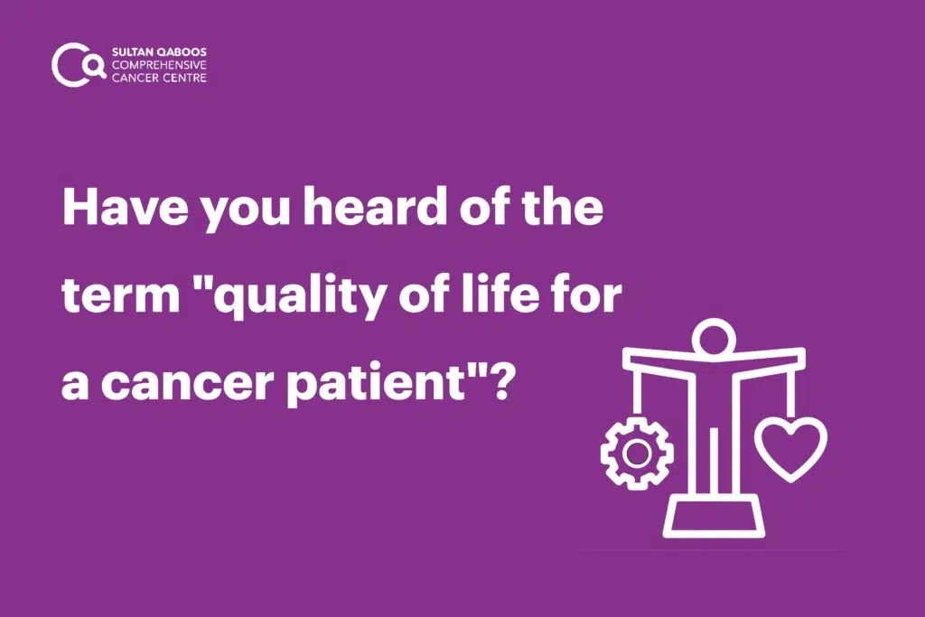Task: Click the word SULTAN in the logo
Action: coord(132,51)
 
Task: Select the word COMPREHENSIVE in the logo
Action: coord(159,65)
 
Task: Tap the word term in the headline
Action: coord(121,294)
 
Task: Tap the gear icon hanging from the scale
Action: coord(637,453)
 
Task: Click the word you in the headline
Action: coord(246,211)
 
